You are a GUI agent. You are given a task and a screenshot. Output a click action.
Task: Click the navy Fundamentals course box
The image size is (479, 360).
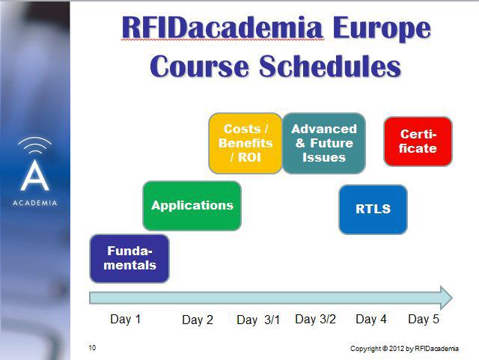coord(129,258)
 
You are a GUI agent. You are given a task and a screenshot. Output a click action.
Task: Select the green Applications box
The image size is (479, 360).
coord(192,206)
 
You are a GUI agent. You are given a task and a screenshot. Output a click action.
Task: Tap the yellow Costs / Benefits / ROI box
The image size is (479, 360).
coord(245,144)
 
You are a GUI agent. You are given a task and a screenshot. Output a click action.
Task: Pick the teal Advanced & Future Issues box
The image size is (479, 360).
coord(324,144)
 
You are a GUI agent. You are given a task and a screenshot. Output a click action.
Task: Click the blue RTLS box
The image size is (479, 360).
coord(373,210)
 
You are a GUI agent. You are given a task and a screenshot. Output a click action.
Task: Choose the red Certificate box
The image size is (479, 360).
coord(418,141)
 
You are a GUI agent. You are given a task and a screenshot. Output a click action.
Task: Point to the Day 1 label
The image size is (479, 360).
coord(125,319)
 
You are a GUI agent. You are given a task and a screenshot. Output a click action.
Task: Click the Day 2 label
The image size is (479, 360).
coord(198,320)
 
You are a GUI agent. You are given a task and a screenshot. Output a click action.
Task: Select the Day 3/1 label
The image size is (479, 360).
coord(258,320)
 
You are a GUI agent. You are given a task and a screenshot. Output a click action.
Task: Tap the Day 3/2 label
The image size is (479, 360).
coord(315,319)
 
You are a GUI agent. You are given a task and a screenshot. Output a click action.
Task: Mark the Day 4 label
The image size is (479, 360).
coord(371,319)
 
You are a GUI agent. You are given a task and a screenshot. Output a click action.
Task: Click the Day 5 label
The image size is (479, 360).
coord(424,319)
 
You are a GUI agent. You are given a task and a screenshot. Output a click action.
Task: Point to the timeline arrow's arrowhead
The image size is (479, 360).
coord(446,298)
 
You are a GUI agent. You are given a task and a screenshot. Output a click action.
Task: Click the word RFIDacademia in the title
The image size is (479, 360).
coord(222,28)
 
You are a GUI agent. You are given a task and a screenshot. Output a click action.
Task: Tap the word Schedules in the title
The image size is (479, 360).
coord(330,66)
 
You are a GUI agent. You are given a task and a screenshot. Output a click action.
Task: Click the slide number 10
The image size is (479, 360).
coord(92,348)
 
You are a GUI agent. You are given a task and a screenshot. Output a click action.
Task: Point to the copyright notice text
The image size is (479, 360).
coord(404,348)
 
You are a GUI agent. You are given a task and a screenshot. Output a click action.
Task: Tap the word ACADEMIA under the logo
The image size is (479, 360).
coord(35,203)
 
